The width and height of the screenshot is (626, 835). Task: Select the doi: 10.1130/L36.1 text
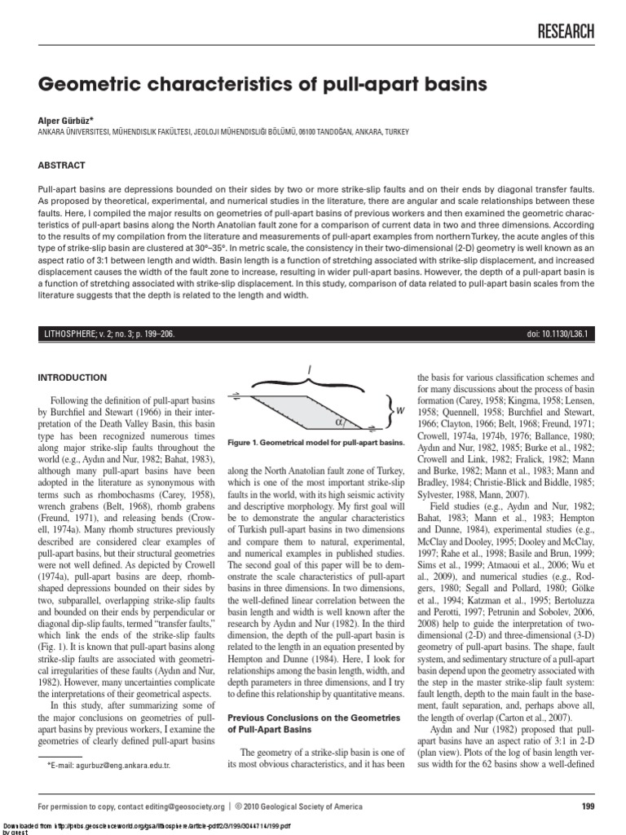click(x=560, y=334)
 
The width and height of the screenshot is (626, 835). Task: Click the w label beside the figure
click(x=401, y=410)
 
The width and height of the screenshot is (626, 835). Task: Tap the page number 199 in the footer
click(x=589, y=806)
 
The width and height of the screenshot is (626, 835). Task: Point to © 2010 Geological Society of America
click(x=299, y=806)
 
